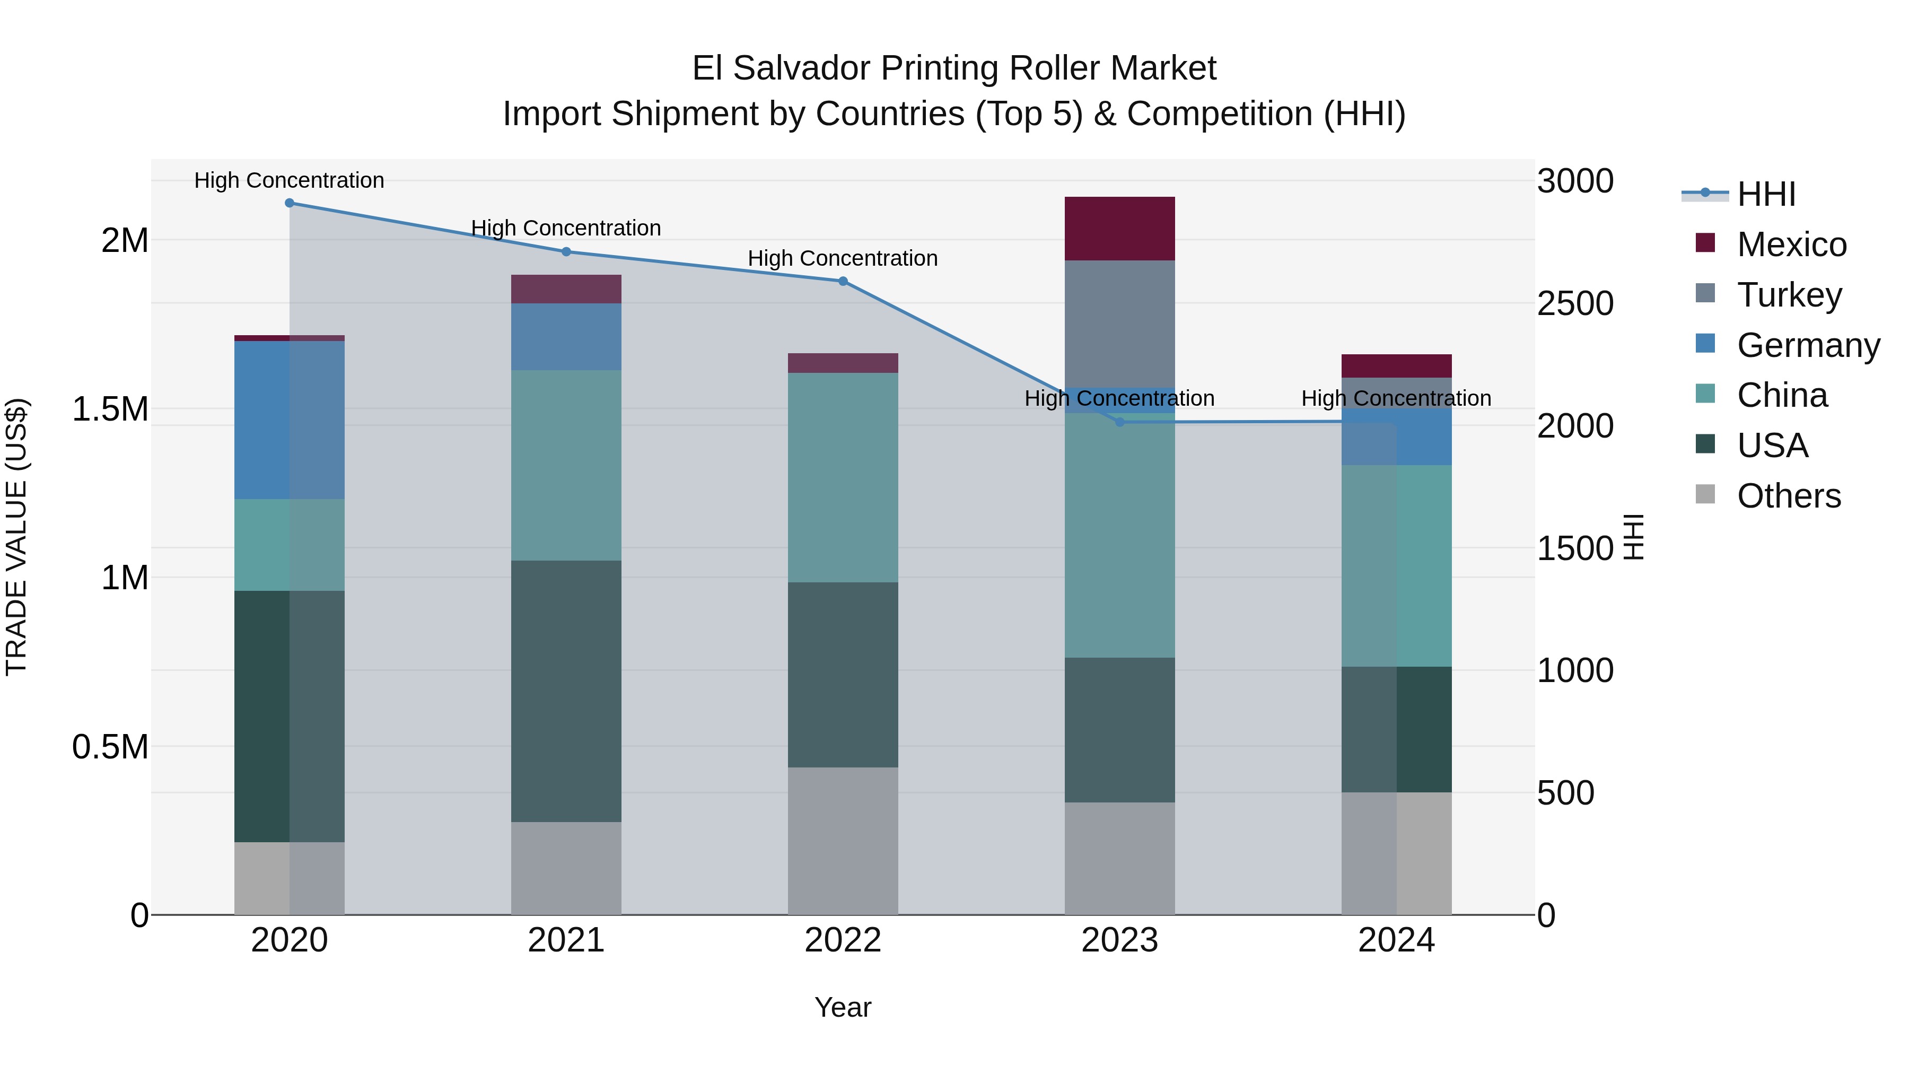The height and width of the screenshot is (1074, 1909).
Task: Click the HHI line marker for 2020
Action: (x=290, y=203)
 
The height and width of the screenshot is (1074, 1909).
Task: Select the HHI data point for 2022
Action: (x=843, y=282)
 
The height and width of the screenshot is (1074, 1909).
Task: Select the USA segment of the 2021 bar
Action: (x=566, y=691)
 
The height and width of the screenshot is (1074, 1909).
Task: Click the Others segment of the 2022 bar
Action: (x=843, y=841)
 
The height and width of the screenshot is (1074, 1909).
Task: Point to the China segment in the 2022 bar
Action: (x=843, y=477)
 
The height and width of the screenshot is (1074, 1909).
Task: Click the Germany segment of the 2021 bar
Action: (x=566, y=336)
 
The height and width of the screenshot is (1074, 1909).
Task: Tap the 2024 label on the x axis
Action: (x=1396, y=940)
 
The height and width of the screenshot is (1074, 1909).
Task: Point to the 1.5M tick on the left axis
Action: (x=110, y=409)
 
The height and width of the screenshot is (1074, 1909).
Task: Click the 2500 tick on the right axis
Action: (x=1575, y=304)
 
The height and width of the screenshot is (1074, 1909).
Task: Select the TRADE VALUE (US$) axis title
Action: (x=16, y=537)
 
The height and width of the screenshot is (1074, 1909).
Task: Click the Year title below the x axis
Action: (x=843, y=1007)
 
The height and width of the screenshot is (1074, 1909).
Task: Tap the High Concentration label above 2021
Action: (x=566, y=228)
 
